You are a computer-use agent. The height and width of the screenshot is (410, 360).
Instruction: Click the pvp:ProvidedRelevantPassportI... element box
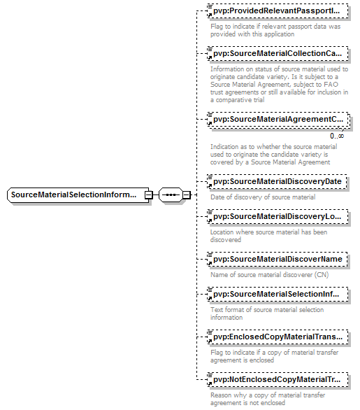pos(278,11)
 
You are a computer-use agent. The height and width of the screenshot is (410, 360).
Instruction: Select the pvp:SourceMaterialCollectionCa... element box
pos(278,54)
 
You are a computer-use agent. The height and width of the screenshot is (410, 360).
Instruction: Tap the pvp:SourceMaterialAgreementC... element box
pos(278,120)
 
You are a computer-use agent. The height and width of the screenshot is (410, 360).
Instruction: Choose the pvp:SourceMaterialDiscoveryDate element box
pos(277,181)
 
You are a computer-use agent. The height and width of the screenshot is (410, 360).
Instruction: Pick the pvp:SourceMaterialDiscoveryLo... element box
pos(278,216)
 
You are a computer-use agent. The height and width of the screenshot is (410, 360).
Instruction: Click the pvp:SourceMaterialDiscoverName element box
pos(278,259)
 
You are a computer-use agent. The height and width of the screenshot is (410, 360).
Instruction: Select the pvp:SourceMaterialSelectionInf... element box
pos(278,294)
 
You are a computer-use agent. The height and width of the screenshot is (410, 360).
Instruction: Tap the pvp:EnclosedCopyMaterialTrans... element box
pos(278,337)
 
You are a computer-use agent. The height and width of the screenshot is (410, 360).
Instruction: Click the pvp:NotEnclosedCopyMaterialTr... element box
pos(278,380)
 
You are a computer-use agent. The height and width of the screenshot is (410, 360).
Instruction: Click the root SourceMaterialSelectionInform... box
pos(78,195)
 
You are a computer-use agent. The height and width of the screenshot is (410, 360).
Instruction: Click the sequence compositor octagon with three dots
pos(171,195)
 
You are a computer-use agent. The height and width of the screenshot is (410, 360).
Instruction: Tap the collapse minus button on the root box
pos(149,195)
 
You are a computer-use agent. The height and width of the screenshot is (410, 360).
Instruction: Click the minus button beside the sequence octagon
pos(186,195)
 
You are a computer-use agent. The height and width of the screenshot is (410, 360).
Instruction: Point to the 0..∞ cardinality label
pos(337,136)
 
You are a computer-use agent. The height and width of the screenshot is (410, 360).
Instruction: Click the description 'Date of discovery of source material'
pos(263,197)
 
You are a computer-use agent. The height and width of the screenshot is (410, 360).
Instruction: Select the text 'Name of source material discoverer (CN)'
pos(270,275)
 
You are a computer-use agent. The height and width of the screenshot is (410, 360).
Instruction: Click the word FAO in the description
pos(331,85)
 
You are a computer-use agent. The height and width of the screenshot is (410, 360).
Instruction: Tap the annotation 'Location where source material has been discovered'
pos(269,236)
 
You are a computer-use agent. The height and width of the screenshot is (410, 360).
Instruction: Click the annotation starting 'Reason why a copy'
pos(268,399)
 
